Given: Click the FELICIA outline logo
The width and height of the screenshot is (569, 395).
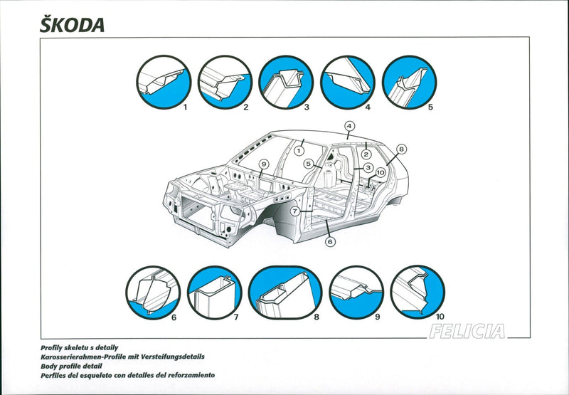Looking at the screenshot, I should [x=467, y=331].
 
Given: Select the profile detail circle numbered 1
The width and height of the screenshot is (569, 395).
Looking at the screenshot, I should [x=162, y=83].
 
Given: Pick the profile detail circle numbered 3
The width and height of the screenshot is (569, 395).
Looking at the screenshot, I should [x=286, y=83].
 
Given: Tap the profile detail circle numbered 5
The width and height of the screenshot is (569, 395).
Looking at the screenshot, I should [x=409, y=83].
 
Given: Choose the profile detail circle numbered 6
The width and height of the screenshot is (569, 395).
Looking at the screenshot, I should [x=153, y=293].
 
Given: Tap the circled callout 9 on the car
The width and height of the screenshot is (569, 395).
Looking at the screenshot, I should [x=262, y=164].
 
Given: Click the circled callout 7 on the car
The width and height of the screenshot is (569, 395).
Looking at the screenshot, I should [x=294, y=211].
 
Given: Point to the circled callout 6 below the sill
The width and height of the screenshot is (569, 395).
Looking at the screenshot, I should [x=330, y=241].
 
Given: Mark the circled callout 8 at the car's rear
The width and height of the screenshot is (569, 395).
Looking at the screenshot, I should [x=401, y=149].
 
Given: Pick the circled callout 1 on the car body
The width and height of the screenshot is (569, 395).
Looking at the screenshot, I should [x=299, y=150].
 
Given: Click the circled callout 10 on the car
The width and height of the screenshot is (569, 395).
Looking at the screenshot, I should [x=381, y=172].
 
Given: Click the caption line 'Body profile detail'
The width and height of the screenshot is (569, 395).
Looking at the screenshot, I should [x=70, y=366].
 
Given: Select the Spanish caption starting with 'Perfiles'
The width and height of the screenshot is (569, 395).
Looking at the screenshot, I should [x=128, y=375].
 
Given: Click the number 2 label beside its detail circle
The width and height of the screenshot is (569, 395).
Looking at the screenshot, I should [x=245, y=107].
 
